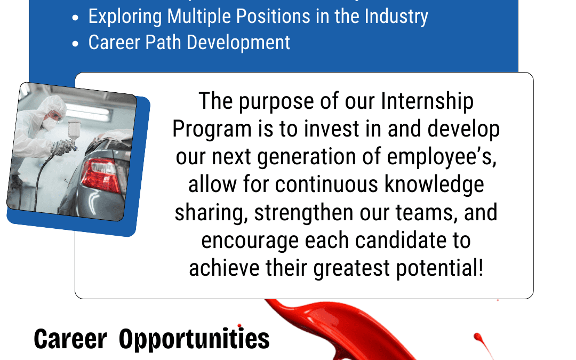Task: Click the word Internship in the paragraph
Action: tap(427, 102)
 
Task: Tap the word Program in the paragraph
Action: tap(212, 130)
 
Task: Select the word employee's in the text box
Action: tap(442, 157)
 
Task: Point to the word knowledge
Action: tap(434, 185)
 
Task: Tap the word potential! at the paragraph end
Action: tap(439, 268)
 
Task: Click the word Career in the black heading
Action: tap(70, 339)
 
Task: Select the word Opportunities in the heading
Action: tap(194, 339)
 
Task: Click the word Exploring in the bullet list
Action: tap(125, 17)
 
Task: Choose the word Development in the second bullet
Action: tap(238, 43)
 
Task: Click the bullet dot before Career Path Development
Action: tap(75, 44)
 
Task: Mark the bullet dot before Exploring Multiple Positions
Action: tap(75, 18)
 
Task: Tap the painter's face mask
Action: tap(50, 124)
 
